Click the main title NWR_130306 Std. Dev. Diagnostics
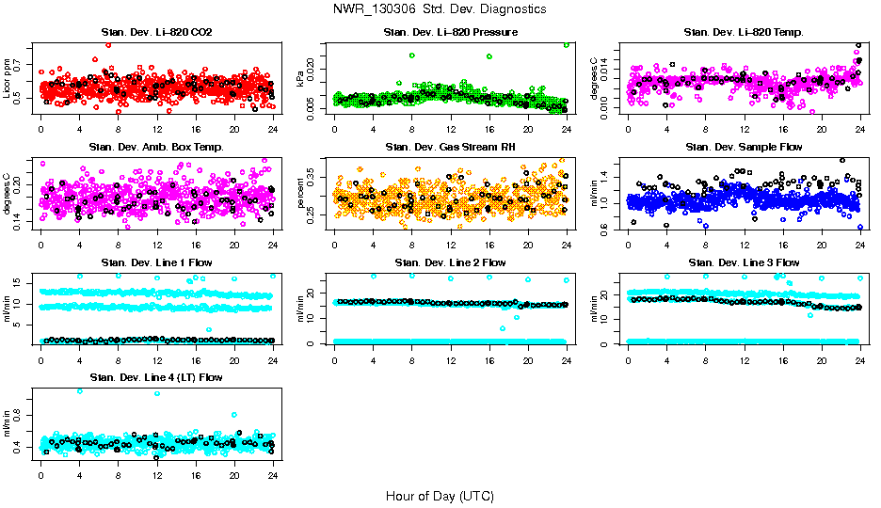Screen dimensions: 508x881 (440, 9)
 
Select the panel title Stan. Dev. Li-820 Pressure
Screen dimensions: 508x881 (450, 33)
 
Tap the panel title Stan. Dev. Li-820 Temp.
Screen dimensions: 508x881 (744, 33)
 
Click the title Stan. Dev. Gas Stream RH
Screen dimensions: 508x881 (450, 147)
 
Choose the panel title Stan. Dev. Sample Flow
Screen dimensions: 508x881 (744, 147)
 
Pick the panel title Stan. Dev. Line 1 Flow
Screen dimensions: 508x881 (156, 262)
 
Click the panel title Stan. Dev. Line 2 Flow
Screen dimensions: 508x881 (450, 262)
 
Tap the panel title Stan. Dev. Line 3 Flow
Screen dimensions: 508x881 (744, 262)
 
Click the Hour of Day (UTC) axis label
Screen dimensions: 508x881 (440, 496)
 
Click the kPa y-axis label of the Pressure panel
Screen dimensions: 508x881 (301, 81)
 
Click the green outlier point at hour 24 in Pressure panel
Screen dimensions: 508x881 (567, 45)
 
